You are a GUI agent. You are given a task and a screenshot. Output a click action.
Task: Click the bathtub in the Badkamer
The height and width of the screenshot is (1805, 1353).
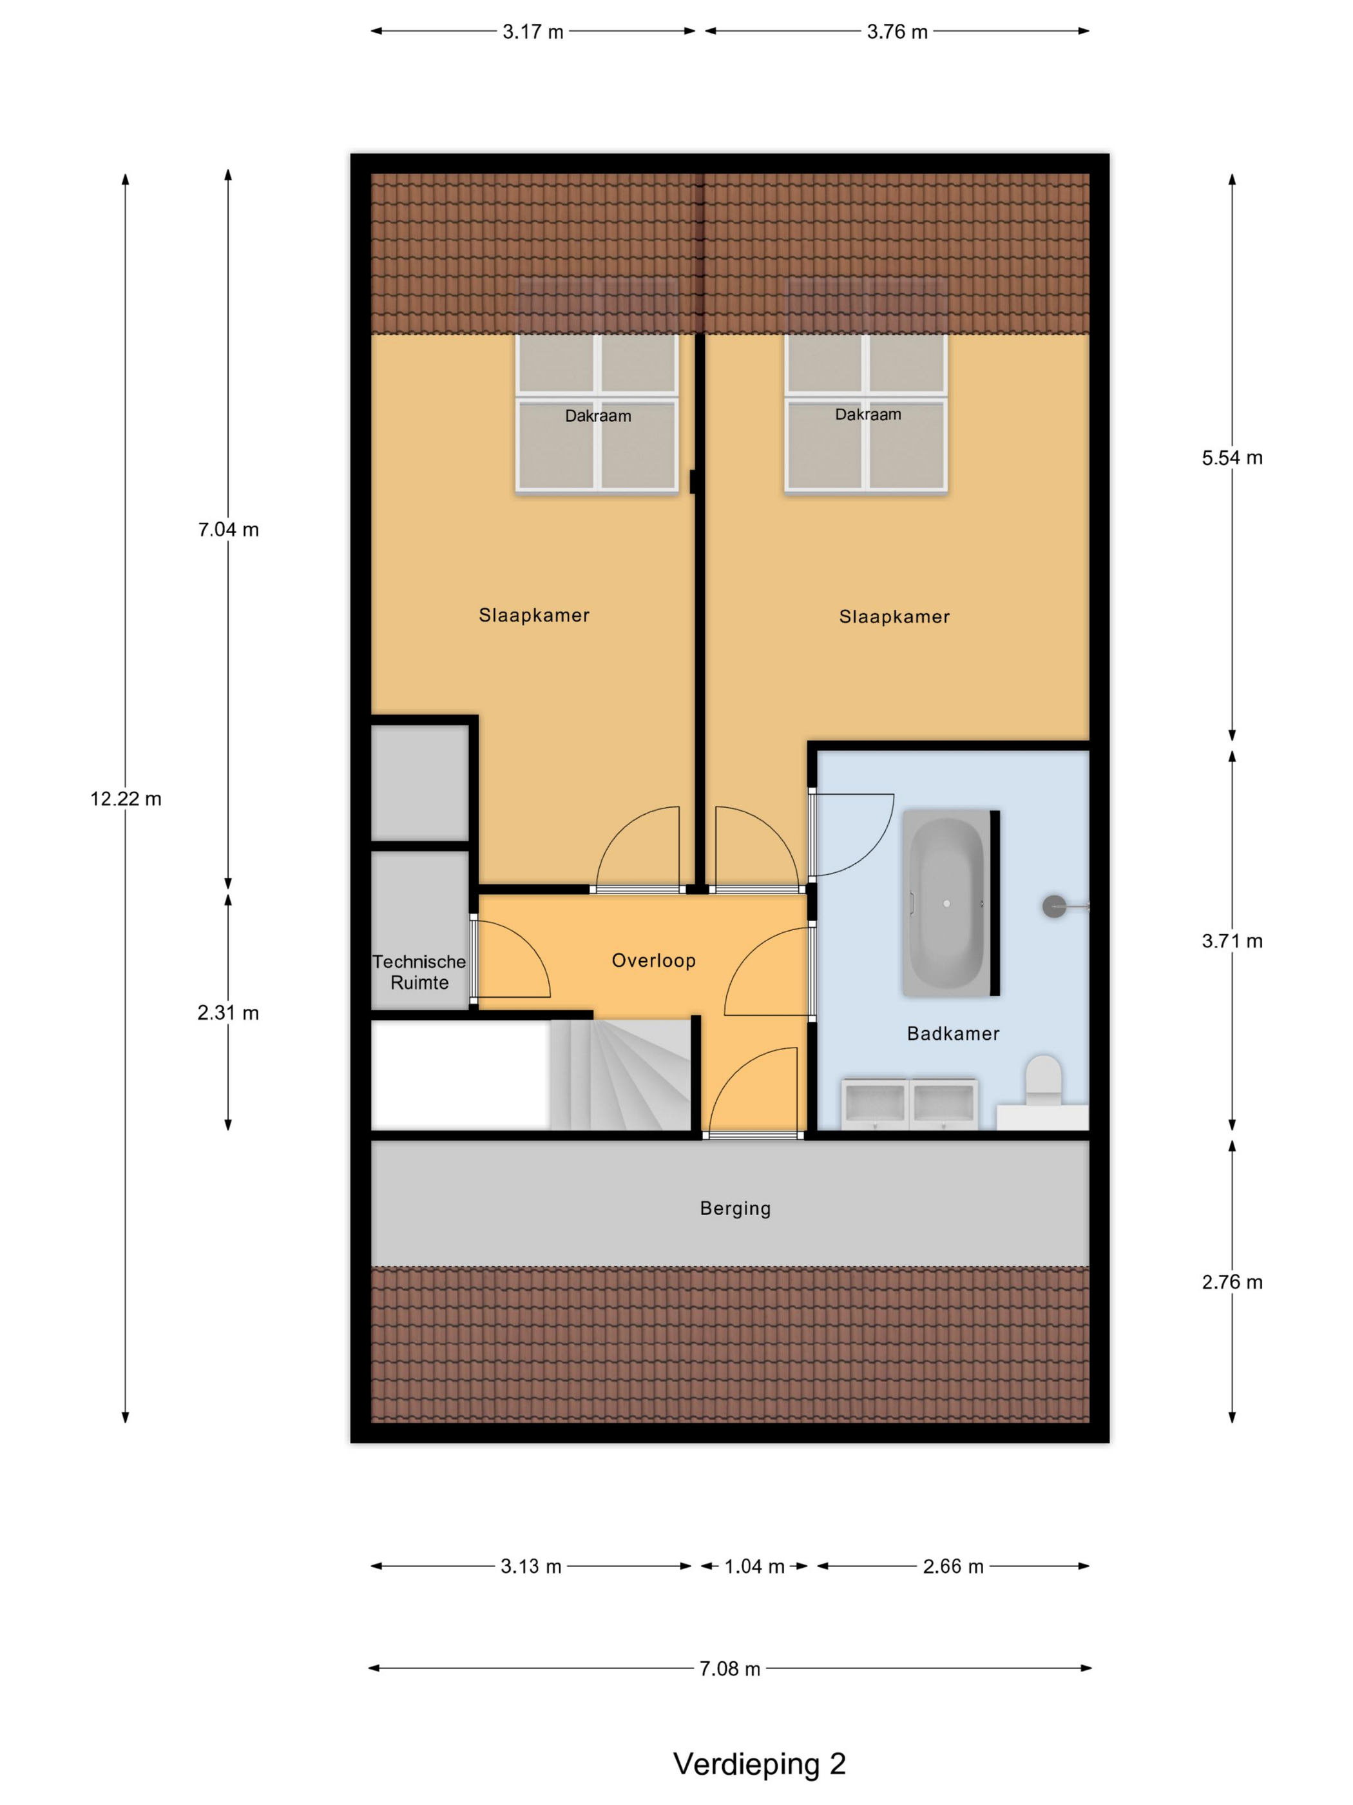point(946,903)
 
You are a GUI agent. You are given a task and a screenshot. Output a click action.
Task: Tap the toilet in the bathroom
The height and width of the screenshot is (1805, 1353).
point(1043,1081)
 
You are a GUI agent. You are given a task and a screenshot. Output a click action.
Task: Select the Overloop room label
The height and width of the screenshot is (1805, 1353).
point(653,961)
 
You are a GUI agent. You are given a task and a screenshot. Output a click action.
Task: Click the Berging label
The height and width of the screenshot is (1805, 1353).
point(735,1209)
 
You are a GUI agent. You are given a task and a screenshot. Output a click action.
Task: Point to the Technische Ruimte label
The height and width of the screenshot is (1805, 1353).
point(419,972)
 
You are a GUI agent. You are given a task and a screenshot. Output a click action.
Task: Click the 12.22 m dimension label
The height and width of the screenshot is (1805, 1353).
point(126,799)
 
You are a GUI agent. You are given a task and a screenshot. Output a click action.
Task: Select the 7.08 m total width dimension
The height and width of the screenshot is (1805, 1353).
point(730,1669)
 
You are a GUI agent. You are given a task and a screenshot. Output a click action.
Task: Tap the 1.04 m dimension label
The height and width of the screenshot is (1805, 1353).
point(754,1566)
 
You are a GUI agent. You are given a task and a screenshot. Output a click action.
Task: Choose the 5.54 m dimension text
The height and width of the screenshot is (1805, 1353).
point(1231,458)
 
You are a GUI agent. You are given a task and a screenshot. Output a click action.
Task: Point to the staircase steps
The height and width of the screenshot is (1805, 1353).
point(620,1075)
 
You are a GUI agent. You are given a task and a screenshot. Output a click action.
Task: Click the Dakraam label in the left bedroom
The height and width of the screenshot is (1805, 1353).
point(598,416)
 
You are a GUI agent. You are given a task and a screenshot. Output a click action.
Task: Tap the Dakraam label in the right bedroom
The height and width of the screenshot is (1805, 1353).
point(868,415)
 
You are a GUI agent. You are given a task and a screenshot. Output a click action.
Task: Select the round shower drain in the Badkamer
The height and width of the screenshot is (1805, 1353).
point(1053,906)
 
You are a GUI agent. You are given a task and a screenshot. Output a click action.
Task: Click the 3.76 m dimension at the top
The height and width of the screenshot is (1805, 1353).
point(897,32)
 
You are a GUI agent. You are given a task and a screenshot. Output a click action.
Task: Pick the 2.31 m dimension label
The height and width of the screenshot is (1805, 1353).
point(228,1013)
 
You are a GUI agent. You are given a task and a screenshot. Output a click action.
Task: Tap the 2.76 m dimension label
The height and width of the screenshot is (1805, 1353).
point(1231,1282)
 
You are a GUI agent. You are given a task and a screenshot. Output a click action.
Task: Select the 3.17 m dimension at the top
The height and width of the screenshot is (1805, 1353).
point(533,32)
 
